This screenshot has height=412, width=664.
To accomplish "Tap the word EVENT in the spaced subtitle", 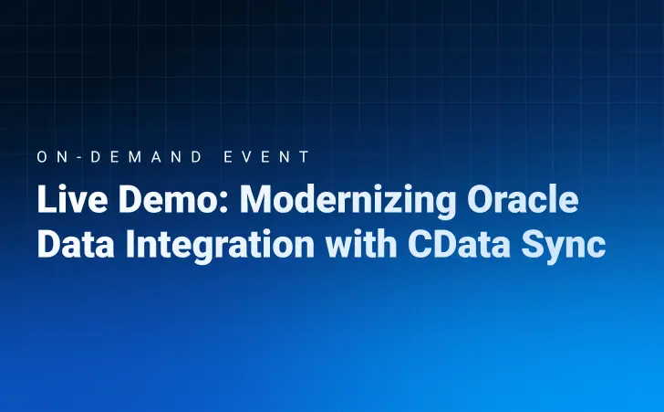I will tap(266, 157).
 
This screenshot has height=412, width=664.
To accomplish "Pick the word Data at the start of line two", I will tap(69, 245).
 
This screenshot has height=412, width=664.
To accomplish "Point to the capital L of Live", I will tap(45, 201).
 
